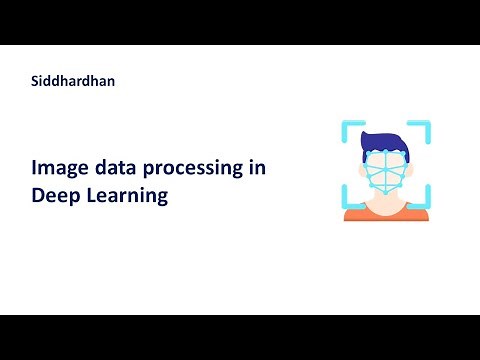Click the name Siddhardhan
coord(73,81)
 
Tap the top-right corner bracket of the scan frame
coord(423,128)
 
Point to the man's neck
coord(385,202)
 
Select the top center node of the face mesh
coord(385,151)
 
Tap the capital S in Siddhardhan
coord(36,81)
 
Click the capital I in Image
coord(34,169)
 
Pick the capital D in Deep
coord(37,196)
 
